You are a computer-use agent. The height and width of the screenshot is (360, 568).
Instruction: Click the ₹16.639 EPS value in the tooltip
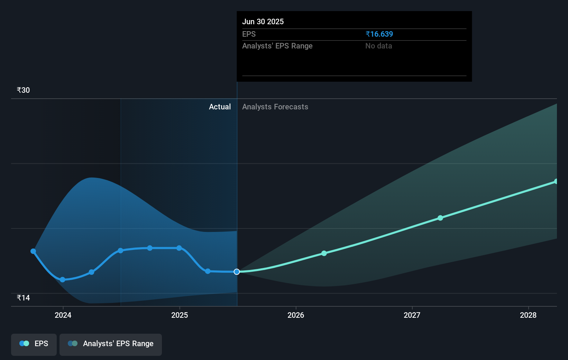tap(379, 34)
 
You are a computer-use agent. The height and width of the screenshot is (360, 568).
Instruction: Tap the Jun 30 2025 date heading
tap(263, 21)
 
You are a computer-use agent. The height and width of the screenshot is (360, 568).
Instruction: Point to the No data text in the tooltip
tap(378, 46)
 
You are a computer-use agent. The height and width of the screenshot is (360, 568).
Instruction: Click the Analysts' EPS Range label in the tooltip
tap(277, 46)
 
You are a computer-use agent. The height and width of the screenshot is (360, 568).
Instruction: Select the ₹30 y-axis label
tap(23, 90)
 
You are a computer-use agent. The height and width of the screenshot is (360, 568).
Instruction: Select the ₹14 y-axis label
tap(23, 298)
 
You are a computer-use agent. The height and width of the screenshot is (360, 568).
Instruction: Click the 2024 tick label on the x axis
tap(63, 315)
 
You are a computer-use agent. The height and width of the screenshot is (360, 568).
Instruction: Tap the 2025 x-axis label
tap(180, 315)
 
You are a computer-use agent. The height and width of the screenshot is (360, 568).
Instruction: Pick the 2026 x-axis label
tap(296, 315)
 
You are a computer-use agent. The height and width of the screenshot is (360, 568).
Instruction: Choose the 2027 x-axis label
tap(412, 315)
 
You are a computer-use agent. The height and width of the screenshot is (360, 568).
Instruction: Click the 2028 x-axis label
tap(528, 315)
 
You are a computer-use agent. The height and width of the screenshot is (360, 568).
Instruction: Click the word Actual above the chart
tap(220, 107)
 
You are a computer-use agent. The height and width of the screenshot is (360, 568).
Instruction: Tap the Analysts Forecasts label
tap(275, 107)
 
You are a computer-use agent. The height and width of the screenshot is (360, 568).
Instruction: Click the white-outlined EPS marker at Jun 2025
tap(237, 272)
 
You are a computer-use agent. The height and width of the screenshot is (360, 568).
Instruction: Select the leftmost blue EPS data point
tap(33, 251)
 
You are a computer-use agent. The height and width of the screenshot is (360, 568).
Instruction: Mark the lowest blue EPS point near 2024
tap(63, 280)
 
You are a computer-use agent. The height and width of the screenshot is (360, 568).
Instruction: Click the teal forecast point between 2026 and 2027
tap(324, 253)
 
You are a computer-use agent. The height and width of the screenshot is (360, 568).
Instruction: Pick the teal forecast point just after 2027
tap(440, 218)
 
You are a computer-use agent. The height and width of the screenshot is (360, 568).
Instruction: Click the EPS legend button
tap(34, 344)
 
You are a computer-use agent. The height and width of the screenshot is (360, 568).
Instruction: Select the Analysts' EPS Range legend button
tap(111, 344)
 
